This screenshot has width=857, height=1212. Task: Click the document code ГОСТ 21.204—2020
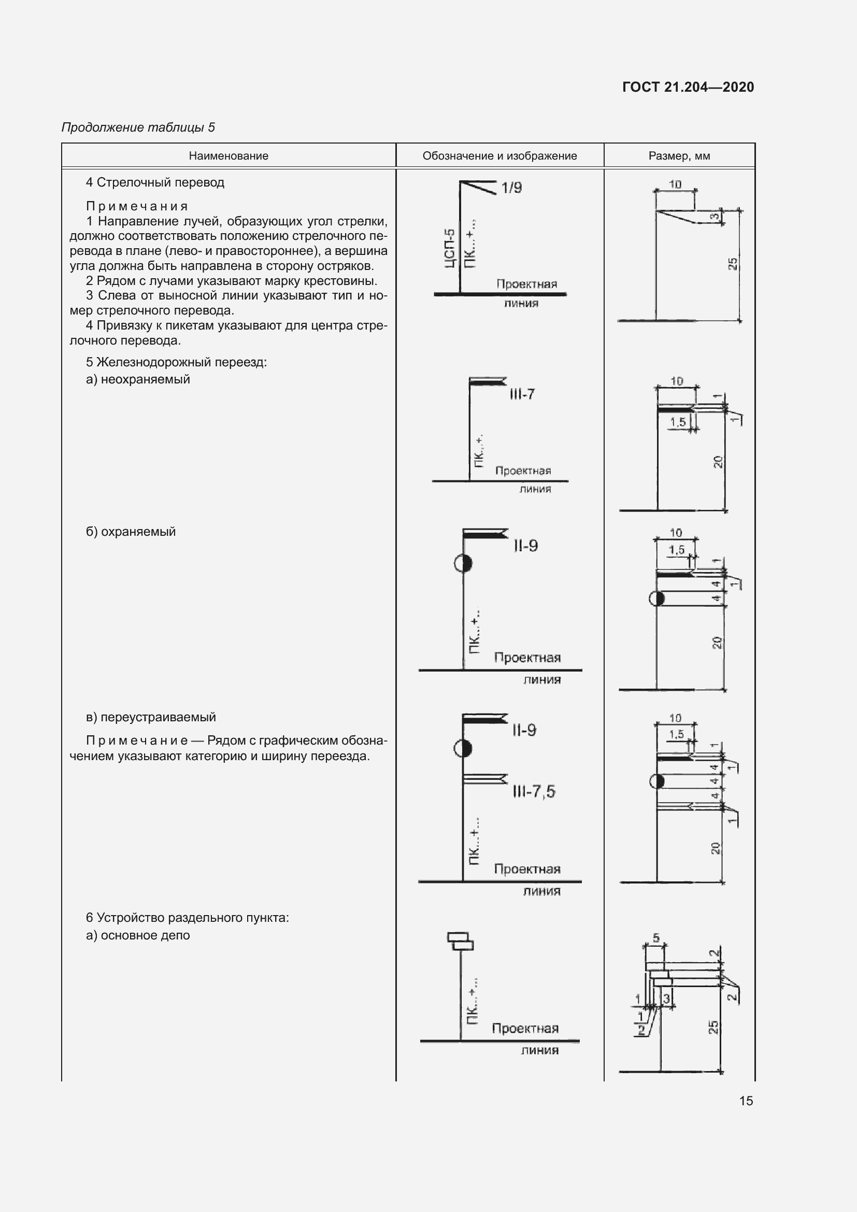click(688, 87)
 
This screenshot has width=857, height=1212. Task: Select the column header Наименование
click(228, 156)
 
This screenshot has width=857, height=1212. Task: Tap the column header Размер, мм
click(679, 156)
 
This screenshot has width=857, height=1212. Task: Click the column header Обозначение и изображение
click(499, 156)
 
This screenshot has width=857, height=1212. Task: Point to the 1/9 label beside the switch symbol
click(511, 188)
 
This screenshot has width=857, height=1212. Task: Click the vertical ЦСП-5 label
click(449, 248)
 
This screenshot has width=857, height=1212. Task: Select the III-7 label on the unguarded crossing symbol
click(522, 394)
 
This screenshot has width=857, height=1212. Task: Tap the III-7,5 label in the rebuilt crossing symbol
click(534, 791)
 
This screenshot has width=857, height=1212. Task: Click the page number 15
click(746, 1101)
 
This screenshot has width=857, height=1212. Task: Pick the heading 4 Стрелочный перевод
click(155, 182)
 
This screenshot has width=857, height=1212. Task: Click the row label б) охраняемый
click(131, 532)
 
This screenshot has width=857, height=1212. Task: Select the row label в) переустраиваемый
click(151, 717)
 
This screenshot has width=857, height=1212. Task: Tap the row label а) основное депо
click(138, 935)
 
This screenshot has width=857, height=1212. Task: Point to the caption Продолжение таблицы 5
click(138, 127)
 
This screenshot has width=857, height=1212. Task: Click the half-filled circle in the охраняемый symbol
click(463, 563)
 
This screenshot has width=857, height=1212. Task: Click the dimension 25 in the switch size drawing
click(733, 263)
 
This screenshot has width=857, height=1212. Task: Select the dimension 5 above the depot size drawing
click(656, 938)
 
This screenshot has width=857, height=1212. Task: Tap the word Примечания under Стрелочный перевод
click(137, 206)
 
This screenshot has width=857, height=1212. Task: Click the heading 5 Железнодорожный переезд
click(176, 362)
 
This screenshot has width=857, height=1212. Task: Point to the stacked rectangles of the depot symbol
click(461, 940)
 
